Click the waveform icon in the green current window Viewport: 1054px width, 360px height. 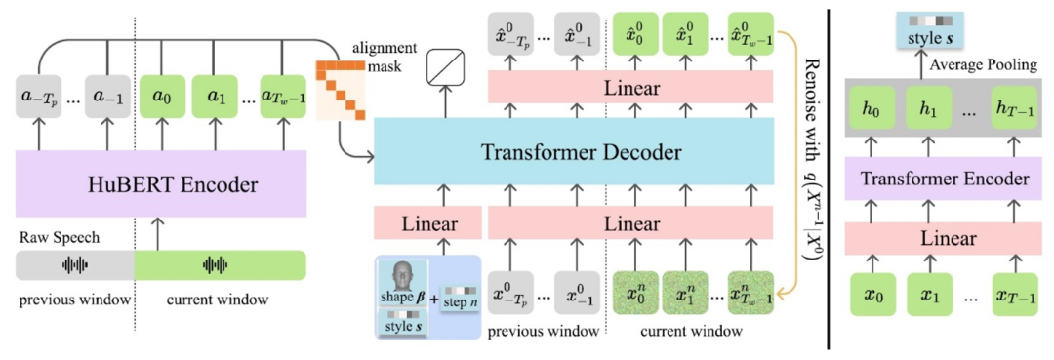click(x=217, y=264)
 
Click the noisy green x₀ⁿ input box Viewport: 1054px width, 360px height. click(x=635, y=292)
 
